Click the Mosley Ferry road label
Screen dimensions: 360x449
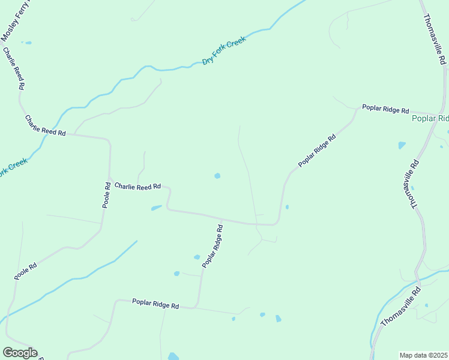coord(14,22)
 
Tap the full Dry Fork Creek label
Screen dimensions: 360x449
coord(224,52)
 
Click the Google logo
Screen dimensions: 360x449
coord(20,353)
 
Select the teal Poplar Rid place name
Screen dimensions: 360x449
coord(430,119)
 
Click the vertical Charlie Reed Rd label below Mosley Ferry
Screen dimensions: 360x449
coord(14,69)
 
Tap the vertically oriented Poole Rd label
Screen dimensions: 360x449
coord(106,197)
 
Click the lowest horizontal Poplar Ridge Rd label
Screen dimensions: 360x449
coord(155,305)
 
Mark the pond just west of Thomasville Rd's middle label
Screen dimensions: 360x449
coord(402,145)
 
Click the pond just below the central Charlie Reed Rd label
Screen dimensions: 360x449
coord(156,208)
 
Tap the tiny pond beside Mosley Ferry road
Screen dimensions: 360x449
coord(28,43)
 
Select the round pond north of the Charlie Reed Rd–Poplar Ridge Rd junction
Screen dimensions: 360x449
coord(217,176)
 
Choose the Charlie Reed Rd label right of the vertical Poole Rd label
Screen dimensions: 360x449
coord(137,187)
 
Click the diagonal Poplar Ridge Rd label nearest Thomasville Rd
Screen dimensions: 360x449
coord(316,151)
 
